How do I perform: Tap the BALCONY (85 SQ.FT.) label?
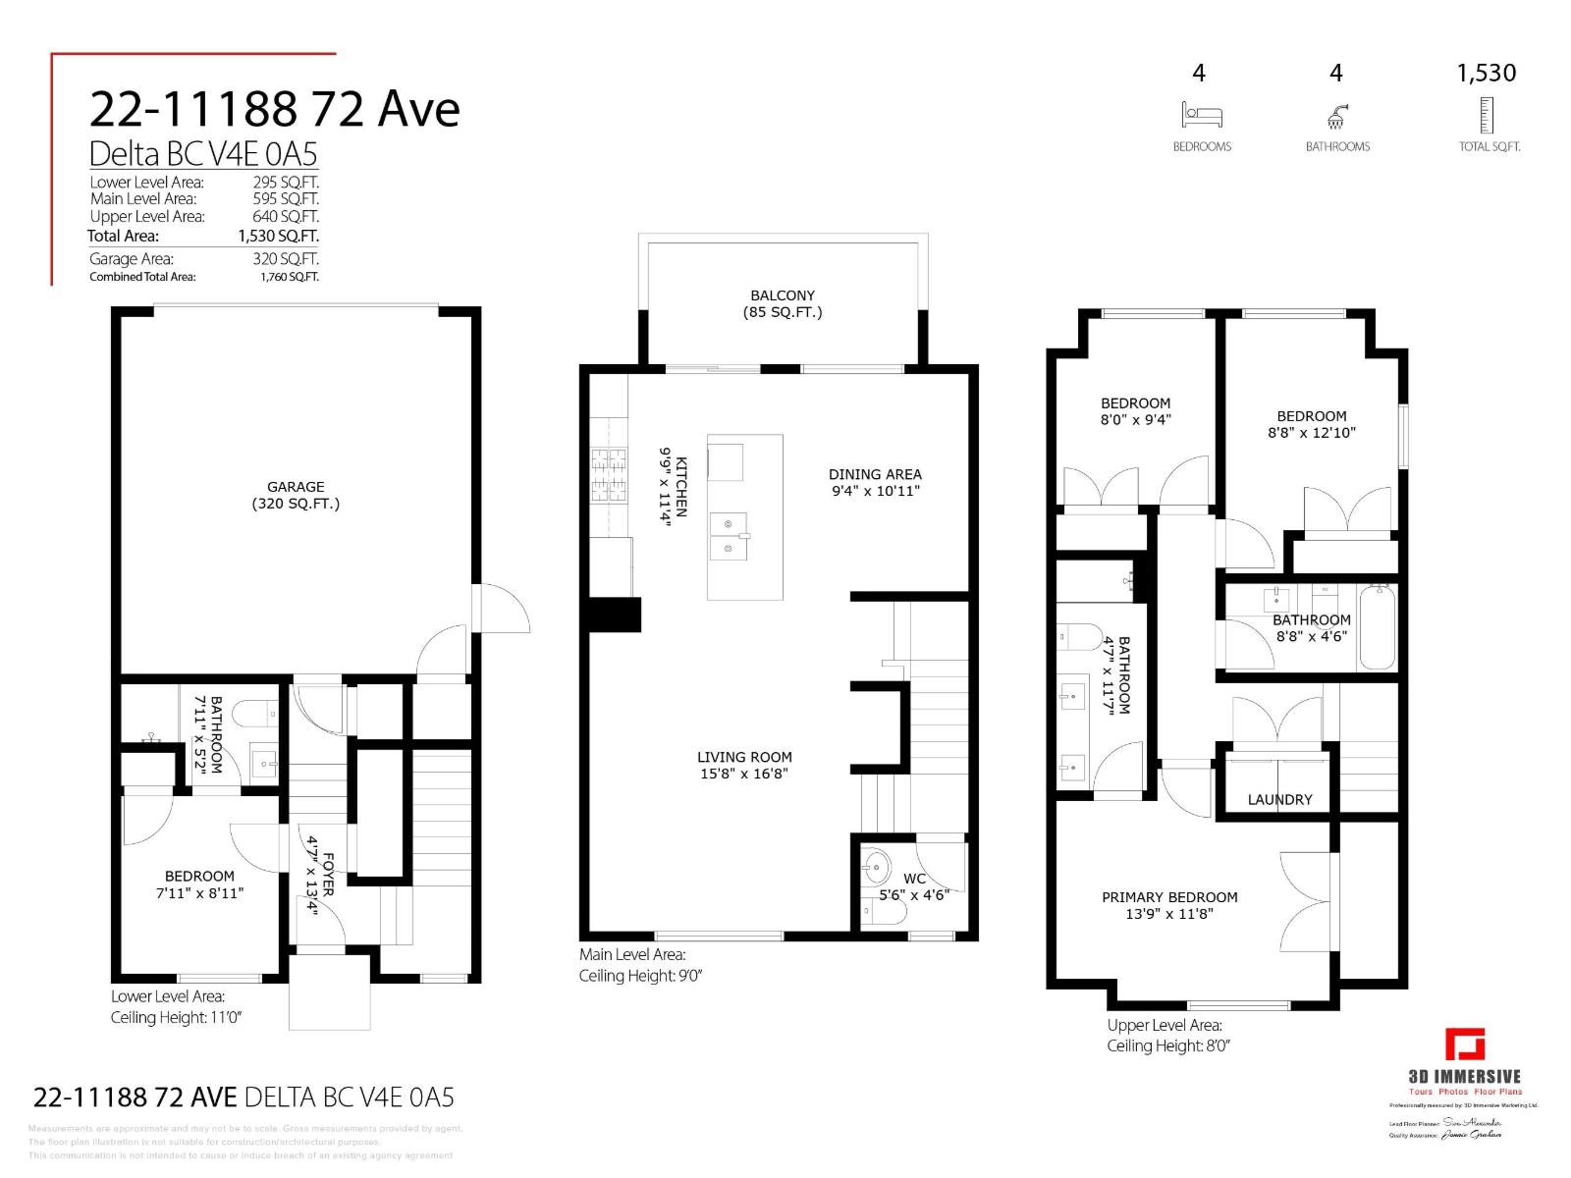783,303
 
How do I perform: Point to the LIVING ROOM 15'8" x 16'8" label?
744,765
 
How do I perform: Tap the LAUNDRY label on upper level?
1279,799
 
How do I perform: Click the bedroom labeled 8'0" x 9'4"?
1135,410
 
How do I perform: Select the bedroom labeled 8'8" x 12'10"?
1312,424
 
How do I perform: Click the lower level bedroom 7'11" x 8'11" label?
199,884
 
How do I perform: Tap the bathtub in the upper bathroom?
1377,628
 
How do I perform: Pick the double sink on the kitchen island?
729,536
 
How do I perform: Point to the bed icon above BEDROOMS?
1202,116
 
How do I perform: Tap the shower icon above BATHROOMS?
1336,117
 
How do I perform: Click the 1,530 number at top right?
1486,73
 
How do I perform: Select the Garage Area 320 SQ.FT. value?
286,259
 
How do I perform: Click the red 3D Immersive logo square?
1464,1044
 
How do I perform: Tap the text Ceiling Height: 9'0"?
640,976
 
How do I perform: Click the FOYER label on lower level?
320,875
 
